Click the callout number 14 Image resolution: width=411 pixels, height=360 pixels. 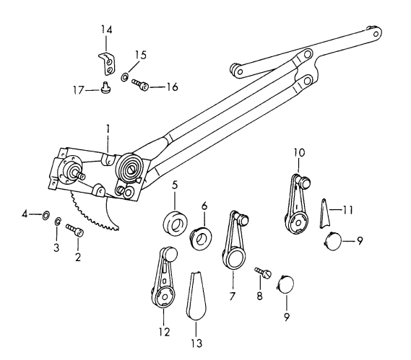click(106, 29)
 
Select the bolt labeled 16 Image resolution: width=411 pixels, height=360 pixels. click(142, 85)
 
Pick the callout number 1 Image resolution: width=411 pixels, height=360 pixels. click(107, 128)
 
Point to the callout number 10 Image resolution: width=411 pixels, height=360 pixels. click(300, 152)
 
